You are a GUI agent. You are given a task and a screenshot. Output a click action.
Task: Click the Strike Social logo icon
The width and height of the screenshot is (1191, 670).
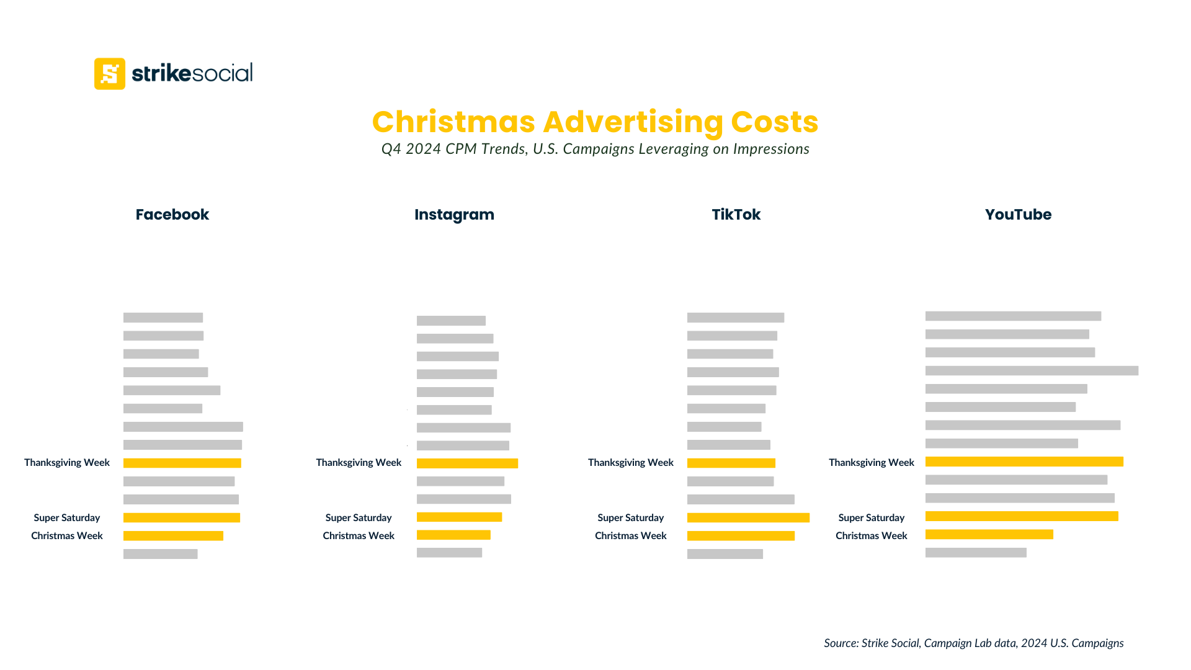[110, 74]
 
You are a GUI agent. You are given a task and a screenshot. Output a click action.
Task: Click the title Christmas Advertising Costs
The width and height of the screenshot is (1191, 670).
[595, 122]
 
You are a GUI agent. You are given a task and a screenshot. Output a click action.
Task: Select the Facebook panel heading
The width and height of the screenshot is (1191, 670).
[172, 215]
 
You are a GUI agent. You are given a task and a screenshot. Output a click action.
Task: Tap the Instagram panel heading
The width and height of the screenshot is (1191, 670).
[454, 215]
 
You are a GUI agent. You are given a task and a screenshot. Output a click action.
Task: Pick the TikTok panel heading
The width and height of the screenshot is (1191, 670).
[736, 215]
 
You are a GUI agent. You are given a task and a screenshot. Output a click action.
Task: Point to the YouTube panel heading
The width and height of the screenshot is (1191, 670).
[1018, 215]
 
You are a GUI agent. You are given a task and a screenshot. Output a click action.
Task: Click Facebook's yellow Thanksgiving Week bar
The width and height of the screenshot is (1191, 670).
[182, 463]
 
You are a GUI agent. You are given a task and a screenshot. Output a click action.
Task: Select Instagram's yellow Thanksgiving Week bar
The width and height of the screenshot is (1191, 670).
[467, 463]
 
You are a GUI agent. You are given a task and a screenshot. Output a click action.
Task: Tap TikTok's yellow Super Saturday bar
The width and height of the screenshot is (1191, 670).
[748, 518]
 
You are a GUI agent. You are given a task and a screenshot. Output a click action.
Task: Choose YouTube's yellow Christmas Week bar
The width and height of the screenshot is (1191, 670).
[989, 535]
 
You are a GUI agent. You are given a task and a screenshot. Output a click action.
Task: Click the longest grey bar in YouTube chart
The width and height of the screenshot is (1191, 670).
[1032, 371]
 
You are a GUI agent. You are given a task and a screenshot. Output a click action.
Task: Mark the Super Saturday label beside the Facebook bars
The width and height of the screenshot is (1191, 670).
[67, 518]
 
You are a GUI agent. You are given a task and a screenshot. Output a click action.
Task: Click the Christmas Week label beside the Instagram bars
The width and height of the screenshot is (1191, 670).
[359, 536]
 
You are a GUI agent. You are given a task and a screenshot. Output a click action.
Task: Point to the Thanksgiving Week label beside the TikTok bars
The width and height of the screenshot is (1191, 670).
[630, 463]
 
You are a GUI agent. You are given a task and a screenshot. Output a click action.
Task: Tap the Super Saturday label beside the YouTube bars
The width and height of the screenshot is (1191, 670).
[871, 518]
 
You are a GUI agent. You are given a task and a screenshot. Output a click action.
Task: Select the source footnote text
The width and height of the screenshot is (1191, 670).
[973, 643]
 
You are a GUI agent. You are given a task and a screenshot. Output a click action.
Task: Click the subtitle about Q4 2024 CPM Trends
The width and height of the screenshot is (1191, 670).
[595, 150]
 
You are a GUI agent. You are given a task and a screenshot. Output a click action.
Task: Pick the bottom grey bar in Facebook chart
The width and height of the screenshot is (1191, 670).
[160, 554]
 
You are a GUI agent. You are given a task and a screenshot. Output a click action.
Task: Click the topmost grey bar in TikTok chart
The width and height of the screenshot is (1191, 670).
[735, 318]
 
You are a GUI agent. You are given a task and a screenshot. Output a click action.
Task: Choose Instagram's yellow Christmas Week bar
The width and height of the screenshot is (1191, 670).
[453, 535]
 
